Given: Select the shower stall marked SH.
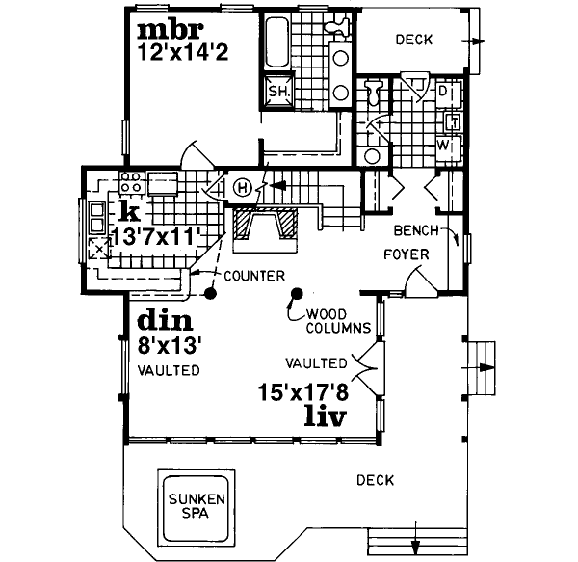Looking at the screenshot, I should (279, 91).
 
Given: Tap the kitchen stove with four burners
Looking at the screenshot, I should (131, 181).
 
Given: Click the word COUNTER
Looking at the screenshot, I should (253, 275).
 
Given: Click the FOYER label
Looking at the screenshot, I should (406, 254).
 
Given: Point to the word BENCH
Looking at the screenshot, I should (415, 231).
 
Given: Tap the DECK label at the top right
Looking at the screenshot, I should (413, 40).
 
